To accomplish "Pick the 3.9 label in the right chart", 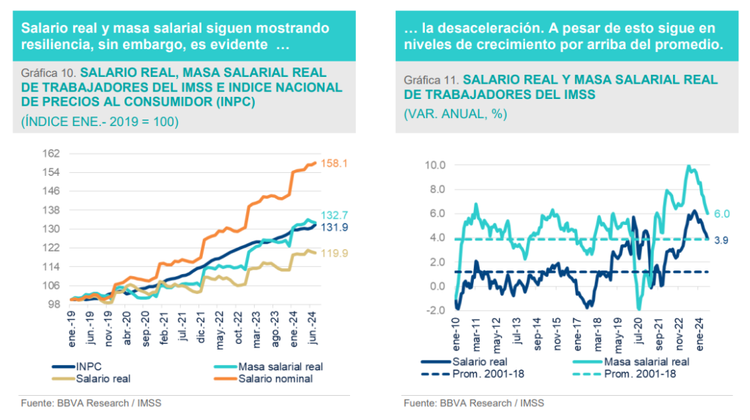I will pyautogui.click(x=721, y=239).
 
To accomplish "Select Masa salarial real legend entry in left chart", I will pyautogui.click(x=281, y=366).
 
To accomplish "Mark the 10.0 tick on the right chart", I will pyautogui.click(x=435, y=165).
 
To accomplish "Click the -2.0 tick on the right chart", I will pyautogui.click(x=436, y=310).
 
